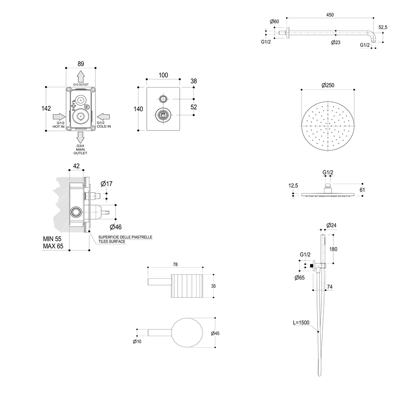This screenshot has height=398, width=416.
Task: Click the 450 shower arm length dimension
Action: coord(330,14)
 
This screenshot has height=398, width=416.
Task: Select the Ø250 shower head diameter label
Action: coord(327,85)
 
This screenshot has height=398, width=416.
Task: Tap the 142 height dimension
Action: coord(46,109)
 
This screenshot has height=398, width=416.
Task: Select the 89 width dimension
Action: coord(81,64)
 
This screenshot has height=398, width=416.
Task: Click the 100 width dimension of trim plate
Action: coord(163,75)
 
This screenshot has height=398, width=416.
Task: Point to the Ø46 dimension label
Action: coord(116,226)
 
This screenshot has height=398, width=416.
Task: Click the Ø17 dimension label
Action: coord(107,184)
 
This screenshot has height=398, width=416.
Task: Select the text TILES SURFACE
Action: coord(112,242)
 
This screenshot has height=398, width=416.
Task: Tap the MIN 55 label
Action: coord(53,239)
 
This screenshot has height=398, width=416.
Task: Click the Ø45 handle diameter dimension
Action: coord(215,333)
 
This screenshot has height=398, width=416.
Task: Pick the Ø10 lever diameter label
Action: coord(137,341)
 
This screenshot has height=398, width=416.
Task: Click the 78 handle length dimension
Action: coord(175,265)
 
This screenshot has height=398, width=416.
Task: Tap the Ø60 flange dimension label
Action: coord(274,22)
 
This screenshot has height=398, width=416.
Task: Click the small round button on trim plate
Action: coord(163,99)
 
